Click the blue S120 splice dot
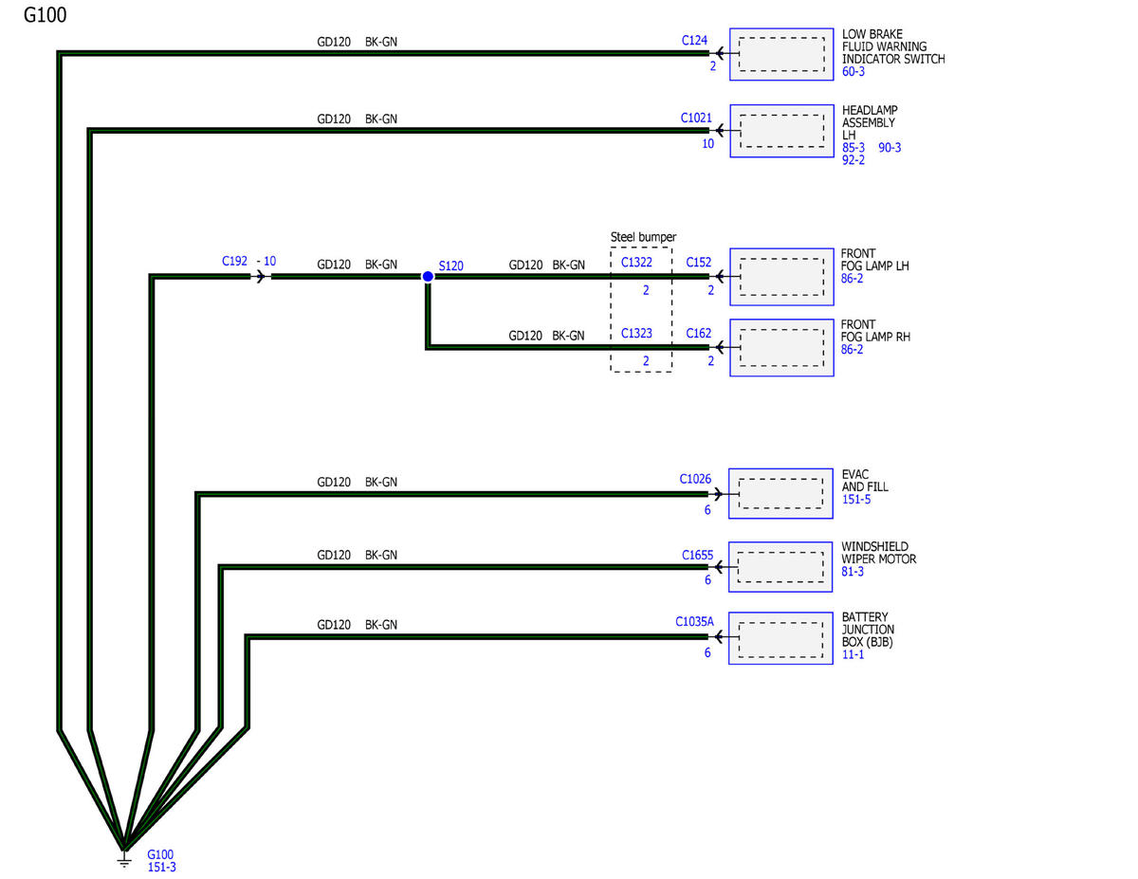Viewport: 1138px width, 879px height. pyautogui.click(x=428, y=276)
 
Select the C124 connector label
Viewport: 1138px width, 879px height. pyautogui.click(x=694, y=41)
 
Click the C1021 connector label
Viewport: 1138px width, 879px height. pyautogui.click(x=696, y=118)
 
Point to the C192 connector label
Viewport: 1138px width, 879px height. pyautogui.click(x=234, y=261)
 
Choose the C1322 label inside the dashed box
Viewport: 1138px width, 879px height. pyautogui.click(x=636, y=262)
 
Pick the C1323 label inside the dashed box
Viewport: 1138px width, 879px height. pyautogui.click(x=636, y=333)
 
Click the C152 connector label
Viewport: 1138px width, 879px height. pyautogui.click(x=699, y=262)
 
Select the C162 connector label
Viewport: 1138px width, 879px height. pyautogui.click(x=699, y=333)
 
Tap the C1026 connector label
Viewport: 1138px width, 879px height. pyautogui.click(x=695, y=479)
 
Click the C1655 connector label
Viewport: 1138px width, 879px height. pyautogui.click(x=697, y=555)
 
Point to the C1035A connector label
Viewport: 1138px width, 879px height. pyautogui.click(x=694, y=621)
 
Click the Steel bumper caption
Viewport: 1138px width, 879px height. pyautogui.click(x=643, y=237)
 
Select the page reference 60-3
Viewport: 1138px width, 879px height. pyautogui.click(x=853, y=72)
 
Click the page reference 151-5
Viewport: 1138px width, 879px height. pyautogui.click(x=856, y=500)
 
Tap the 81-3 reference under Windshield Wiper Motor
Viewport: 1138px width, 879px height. pyautogui.click(x=853, y=572)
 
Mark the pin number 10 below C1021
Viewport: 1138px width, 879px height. pyautogui.click(x=707, y=143)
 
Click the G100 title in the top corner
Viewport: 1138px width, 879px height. pyautogui.click(x=45, y=15)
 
